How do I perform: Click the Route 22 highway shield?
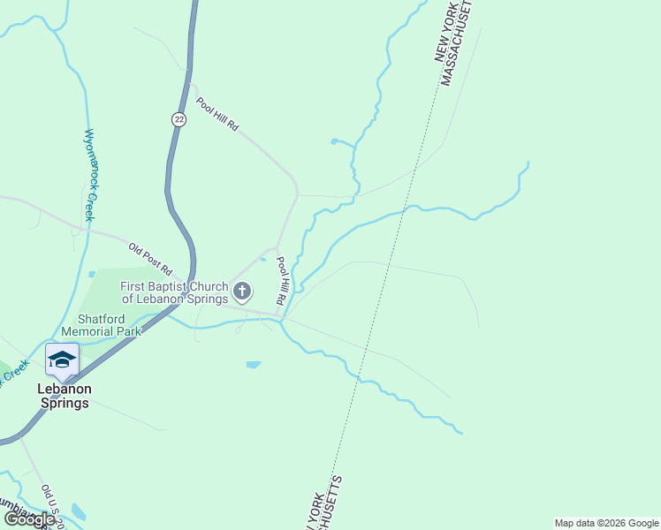[x=179, y=119]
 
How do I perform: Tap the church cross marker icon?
[x=242, y=291]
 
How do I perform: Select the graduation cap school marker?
[x=62, y=360]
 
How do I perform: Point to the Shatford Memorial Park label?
[x=110, y=324]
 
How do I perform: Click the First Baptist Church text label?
[x=174, y=292]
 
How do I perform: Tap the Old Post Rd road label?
[x=149, y=257]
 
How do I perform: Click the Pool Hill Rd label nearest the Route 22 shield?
[x=217, y=114]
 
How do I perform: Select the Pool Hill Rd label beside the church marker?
[x=282, y=282]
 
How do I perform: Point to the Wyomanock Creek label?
[x=89, y=175]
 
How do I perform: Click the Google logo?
[x=28, y=519]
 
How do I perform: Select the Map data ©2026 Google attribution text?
[x=606, y=523]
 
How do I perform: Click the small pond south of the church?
[x=254, y=364]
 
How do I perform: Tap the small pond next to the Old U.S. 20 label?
[x=79, y=511]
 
